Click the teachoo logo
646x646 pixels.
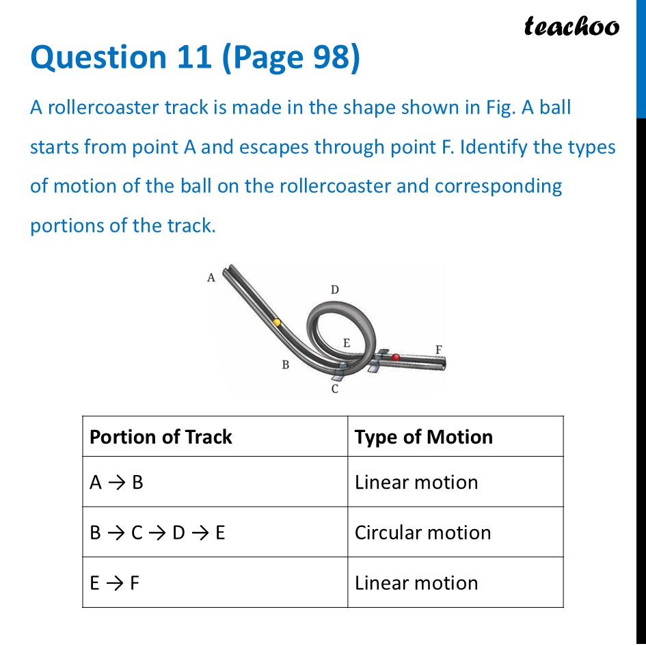point(571,26)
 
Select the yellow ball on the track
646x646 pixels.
point(277,321)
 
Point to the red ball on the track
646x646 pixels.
point(395,357)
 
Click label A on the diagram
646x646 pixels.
point(211,278)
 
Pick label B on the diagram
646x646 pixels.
point(286,365)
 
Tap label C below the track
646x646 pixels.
point(335,389)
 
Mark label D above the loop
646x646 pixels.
point(335,290)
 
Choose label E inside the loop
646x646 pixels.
point(347,343)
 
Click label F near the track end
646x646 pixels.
point(439,350)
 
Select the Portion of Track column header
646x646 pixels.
point(161,437)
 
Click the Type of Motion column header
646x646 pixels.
point(423,437)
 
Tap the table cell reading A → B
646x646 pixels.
point(116,483)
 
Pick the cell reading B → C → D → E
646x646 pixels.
point(157,533)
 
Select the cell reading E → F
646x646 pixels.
point(115,583)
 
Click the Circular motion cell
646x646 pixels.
point(422,533)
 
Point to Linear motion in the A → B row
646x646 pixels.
point(416,483)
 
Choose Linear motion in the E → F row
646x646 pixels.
point(416,583)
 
